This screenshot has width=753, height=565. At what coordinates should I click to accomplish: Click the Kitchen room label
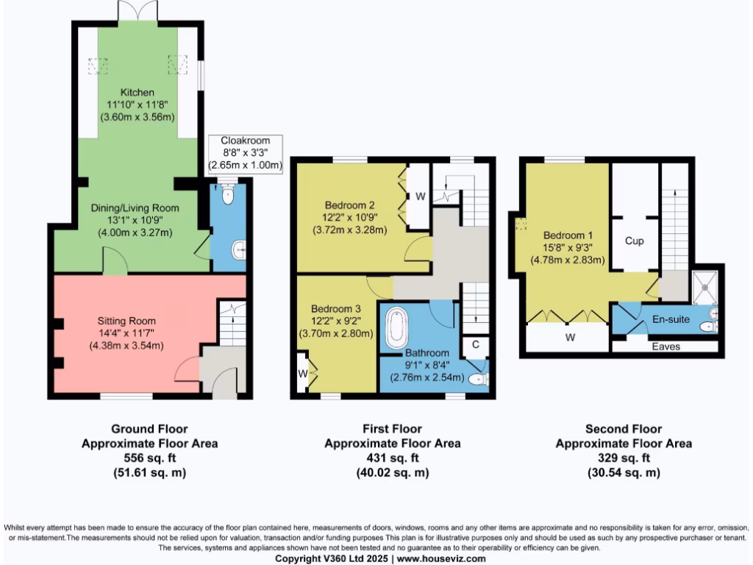(138, 93)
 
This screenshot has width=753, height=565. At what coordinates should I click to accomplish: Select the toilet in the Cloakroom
(226, 195)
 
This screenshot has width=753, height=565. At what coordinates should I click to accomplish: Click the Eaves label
(667, 347)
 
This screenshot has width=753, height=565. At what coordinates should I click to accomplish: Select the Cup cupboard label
(635, 241)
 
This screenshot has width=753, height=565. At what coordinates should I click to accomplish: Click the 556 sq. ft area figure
(149, 458)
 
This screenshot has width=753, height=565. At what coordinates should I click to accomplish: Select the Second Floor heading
(624, 429)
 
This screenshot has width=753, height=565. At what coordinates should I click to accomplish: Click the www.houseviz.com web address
(441, 559)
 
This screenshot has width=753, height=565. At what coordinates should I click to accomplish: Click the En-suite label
(671, 319)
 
